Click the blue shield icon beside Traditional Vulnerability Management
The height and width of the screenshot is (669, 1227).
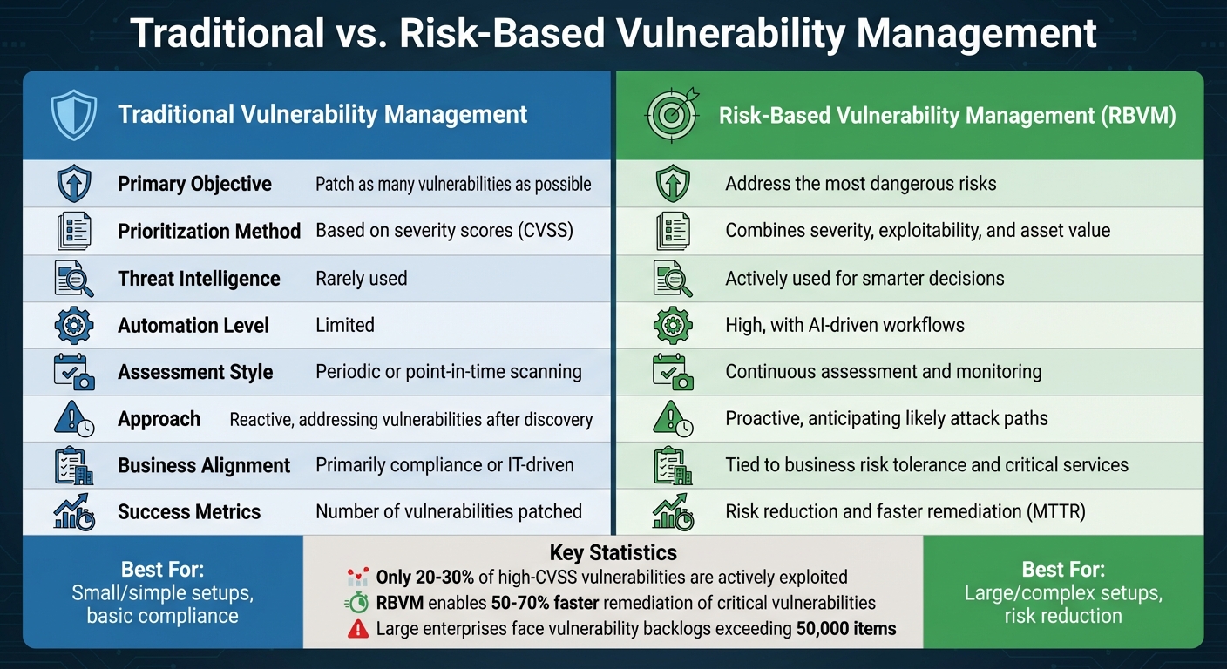coord(74,115)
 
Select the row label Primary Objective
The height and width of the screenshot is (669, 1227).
coord(194,184)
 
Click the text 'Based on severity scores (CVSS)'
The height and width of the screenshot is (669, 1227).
coord(444,231)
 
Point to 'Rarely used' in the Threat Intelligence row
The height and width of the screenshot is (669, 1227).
coord(361,278)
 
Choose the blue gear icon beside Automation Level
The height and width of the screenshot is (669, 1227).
coord(73,325)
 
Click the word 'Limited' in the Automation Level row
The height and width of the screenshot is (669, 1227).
coord(344,325)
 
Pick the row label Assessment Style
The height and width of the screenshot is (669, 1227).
coord(195,372)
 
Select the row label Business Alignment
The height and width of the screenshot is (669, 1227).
coord(204,465)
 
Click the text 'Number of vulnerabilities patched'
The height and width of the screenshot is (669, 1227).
coord(448,511)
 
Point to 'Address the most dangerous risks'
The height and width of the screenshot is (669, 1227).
coord(860,184)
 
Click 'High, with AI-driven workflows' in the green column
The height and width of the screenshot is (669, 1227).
coord(844,325)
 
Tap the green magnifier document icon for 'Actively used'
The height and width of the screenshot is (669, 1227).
coord(673,278)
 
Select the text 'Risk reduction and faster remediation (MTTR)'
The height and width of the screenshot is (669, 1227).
coord(905,511)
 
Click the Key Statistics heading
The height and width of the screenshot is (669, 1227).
coord(613,552)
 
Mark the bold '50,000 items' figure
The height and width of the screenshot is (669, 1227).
coord(845,629)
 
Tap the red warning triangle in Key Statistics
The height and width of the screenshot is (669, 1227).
coord(357,629)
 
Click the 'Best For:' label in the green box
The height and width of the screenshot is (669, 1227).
coord(1062,571)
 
